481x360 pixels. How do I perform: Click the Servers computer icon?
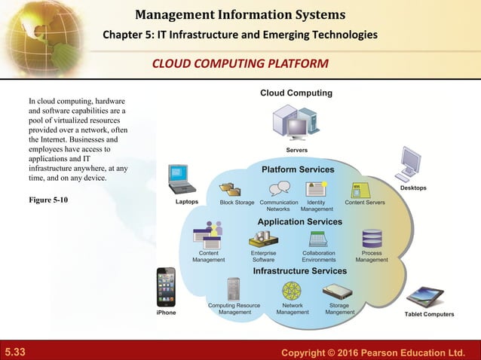click(296, 122)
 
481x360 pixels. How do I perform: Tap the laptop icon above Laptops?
click(182, 180)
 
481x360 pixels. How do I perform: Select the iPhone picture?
click(166, 287)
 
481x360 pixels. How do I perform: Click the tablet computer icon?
click(424, 297)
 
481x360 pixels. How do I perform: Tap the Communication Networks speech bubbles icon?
click(279, 188)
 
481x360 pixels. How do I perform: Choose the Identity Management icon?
click(316, 188)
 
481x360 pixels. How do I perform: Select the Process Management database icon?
click(372, 239)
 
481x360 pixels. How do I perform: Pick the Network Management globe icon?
click(292, 291)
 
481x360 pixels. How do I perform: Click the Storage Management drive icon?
click(337, 291)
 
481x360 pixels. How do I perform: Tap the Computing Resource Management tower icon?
click(234, 290)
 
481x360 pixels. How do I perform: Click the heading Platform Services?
click(298, 169)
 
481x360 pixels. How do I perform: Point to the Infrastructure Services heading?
click(299, 270)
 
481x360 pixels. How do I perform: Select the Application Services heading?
click(299, 221)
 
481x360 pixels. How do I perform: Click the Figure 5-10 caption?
click(48, 199)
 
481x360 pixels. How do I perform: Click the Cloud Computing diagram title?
click(296, 93)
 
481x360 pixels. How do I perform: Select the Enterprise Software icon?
click(263, 239)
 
